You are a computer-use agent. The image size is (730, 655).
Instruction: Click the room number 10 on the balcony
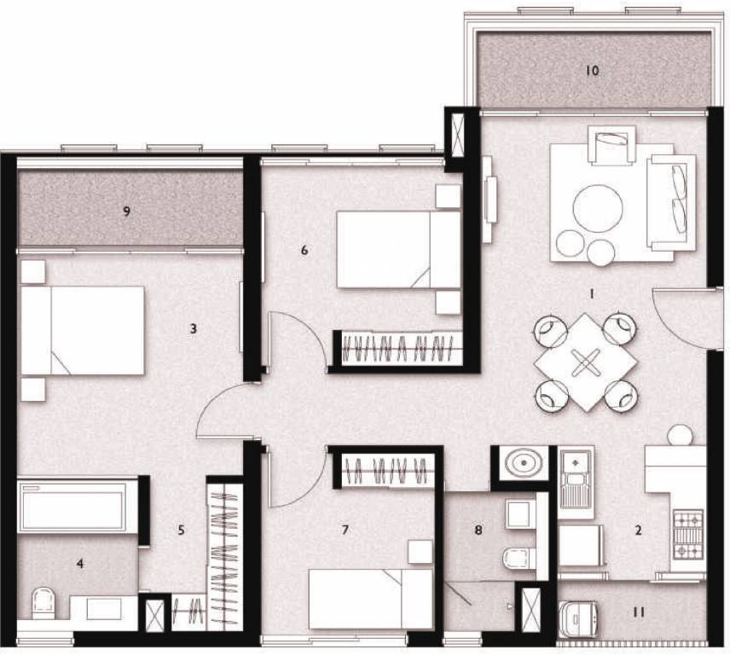tap(593, 71)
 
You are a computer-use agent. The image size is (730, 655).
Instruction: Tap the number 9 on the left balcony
tap(127, 212)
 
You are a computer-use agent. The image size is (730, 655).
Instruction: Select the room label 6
tap(304, 250)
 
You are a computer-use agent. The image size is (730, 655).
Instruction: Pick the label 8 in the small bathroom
tap(478, 530)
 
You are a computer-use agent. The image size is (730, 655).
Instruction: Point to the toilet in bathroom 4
tap(41, 604)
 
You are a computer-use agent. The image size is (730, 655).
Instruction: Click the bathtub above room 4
tap(72, 507)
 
